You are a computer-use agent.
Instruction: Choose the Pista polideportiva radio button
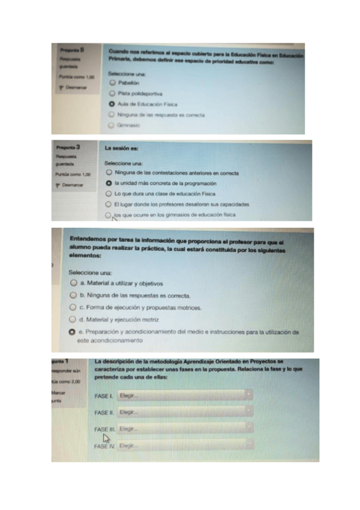click(x=112, y=94)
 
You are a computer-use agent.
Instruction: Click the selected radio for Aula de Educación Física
click(x=112, y=104)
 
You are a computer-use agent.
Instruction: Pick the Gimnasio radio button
click(x=112, y=125)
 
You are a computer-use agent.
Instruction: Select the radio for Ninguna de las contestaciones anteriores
click(x=108, y=173)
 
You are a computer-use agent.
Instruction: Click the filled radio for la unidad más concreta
click(x=108, y=183)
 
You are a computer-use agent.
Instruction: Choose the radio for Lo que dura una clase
click(x=108, y=194)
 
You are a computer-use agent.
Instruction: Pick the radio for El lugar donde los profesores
click(x=108, y=204)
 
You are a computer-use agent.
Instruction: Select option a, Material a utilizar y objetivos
click(x=73, y=283)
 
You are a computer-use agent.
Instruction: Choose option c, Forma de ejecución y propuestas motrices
click(x=73, y=307)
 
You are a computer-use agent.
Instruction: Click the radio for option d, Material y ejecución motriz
click(x=73, y=319)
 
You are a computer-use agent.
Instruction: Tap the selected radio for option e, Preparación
click(x=73, y=331)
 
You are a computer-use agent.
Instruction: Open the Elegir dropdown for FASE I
click(x=184, y=395)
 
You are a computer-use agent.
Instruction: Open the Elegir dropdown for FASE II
click(x=184, y=412)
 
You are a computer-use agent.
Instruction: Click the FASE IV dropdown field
click(x=184, y=446)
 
